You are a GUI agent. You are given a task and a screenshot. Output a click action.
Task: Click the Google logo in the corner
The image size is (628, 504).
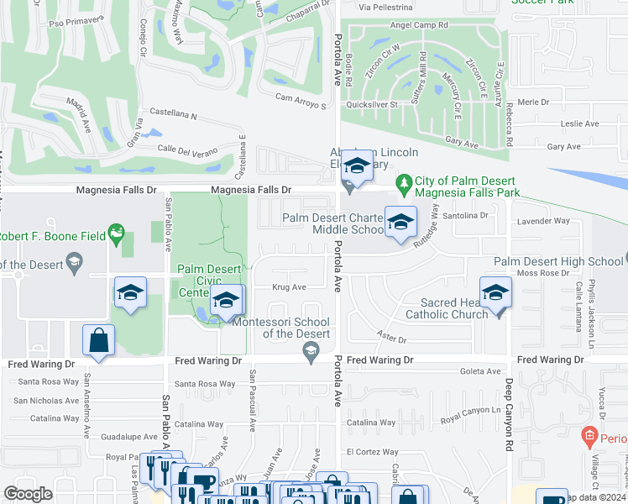coord(28,494)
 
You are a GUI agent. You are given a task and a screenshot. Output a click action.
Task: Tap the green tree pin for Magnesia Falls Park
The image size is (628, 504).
coord(404,182)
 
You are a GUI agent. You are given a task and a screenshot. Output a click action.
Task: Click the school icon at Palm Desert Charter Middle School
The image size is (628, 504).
coord(400,222)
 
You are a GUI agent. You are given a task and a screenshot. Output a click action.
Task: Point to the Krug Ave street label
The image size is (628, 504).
coord(288,286)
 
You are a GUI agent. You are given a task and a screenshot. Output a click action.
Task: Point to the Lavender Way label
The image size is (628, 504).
coord(544,221)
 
